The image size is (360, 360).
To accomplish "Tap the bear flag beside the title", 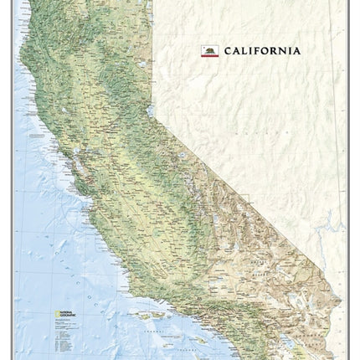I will tap(210, 51).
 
